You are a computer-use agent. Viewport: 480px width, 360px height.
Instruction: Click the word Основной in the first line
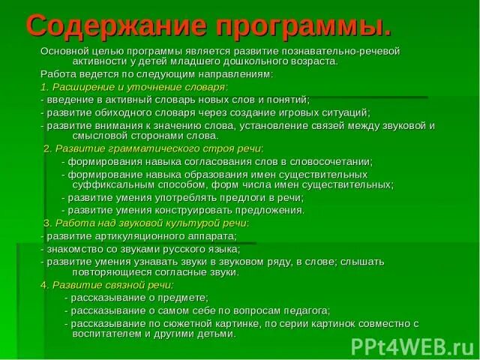(64, 51)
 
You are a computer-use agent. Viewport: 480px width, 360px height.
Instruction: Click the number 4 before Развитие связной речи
(43, 286)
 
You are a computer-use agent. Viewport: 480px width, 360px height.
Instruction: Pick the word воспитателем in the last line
(102, 334)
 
